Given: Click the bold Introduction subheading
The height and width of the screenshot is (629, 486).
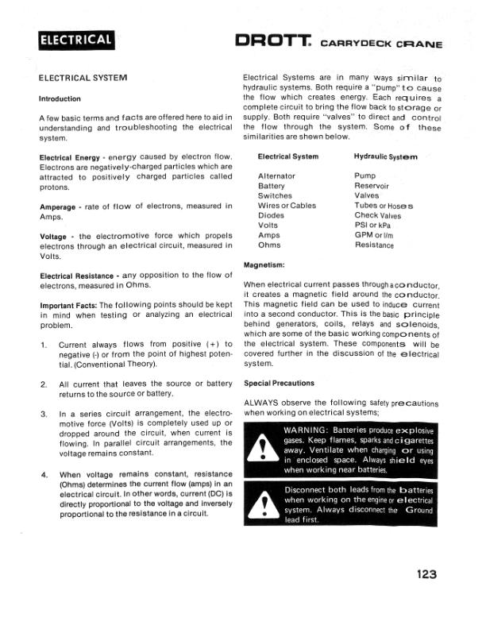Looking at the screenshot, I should [x=60, y=99].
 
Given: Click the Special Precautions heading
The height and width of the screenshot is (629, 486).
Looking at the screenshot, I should [x=279, y=383].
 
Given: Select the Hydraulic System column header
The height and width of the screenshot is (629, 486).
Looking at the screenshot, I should [x=386, y=157].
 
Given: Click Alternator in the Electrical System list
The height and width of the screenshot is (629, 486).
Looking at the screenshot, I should [x=276, y=176].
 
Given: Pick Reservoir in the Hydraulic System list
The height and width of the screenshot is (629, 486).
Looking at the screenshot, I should [x=372, y=186].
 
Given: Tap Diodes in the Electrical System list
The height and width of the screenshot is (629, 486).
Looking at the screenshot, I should [x=271, y=215].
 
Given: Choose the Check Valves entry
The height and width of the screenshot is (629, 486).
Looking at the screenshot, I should [x=378, y=215].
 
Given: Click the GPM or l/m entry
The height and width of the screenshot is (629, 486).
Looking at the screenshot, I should [x=375, y=235].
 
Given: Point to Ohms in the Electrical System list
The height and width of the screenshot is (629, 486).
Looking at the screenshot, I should [x=269, y=245].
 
